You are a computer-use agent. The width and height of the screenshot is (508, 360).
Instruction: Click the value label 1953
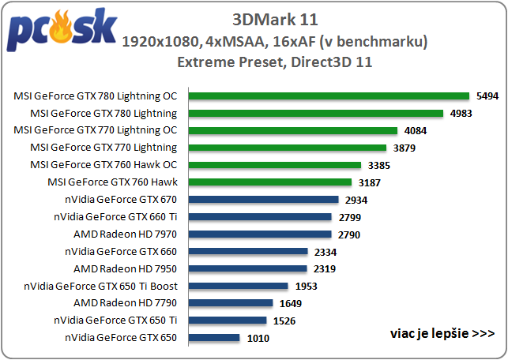click(x=306, y=286)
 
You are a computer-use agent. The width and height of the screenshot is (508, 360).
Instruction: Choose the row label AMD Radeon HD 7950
click(x=125, y=268)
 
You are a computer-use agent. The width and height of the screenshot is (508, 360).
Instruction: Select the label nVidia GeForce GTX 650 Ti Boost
click(x=101, y=286)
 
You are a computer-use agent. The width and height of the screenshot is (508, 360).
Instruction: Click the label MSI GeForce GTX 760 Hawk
click(x=113, y=182)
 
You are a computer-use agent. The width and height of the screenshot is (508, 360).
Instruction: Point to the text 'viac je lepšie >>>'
click(x=442, y=332)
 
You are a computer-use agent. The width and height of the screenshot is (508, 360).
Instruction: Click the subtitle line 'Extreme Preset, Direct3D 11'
click(x=275, y=61)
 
